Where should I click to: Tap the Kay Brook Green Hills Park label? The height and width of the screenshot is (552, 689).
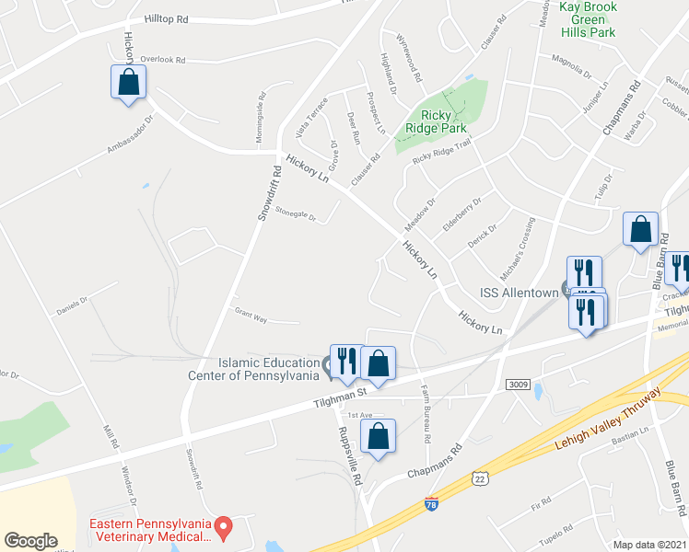click(588, 19)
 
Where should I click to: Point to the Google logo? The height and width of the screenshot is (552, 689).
click(31, 541)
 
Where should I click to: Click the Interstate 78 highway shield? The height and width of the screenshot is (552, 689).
click(432, 503)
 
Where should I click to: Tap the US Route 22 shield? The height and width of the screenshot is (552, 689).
click(479, 477)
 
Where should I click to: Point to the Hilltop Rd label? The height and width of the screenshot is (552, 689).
click(166, 19)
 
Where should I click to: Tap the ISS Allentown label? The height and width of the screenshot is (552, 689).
click(519, 293)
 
